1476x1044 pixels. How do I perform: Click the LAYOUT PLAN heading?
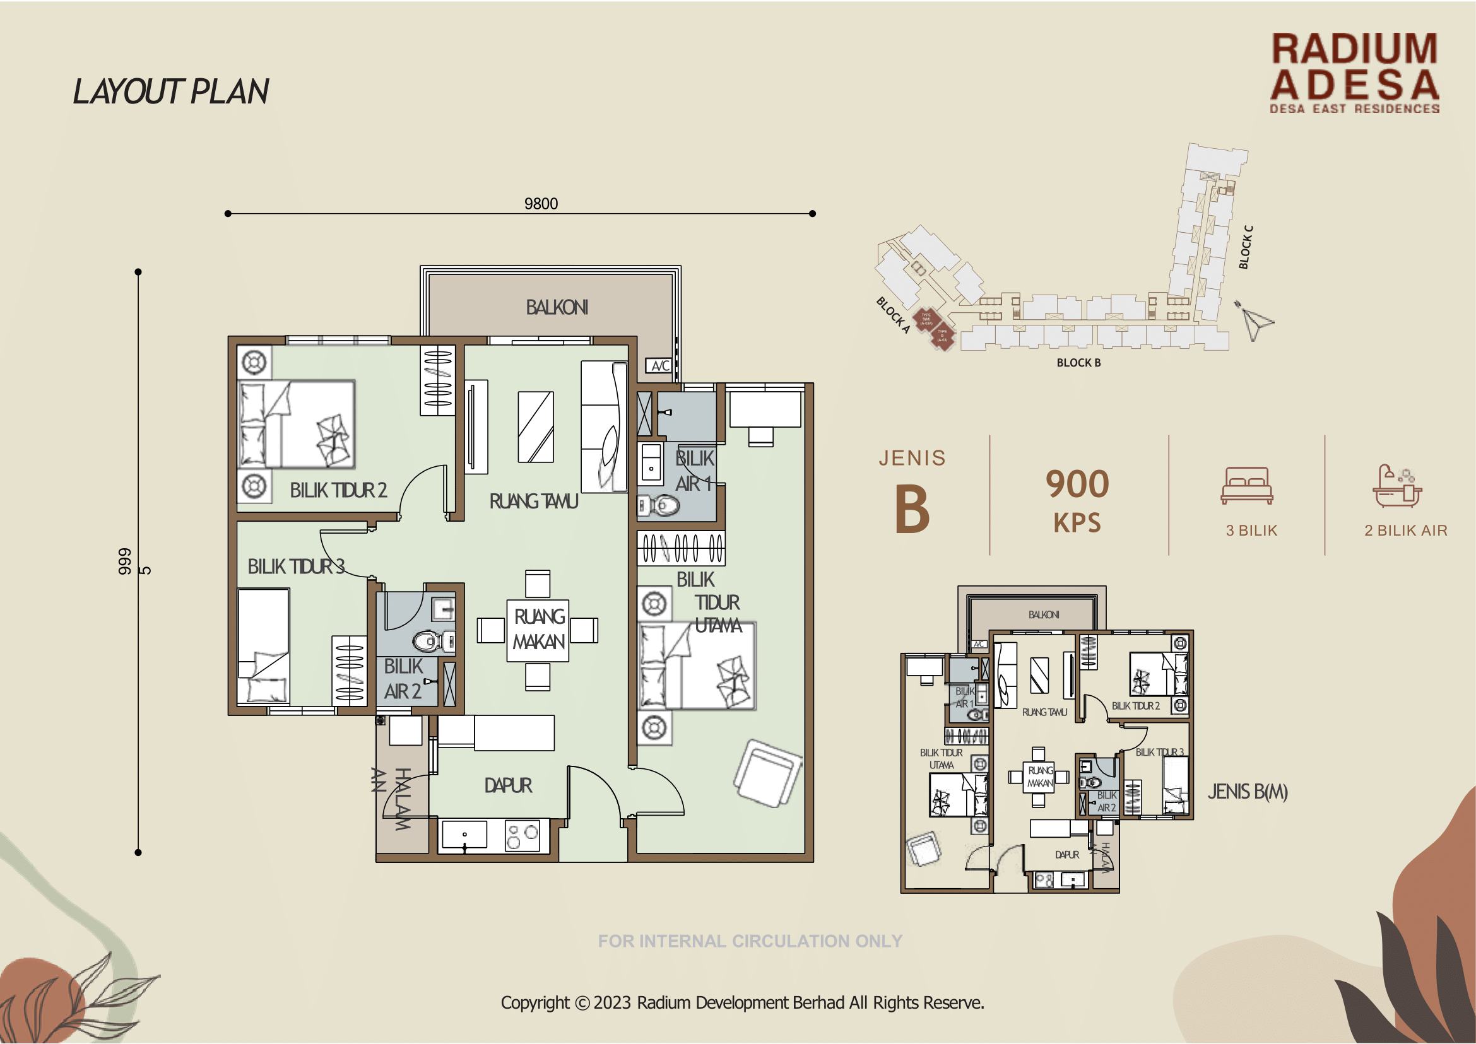(x=170, y=91)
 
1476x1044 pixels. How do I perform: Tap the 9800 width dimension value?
(x=541, y=204)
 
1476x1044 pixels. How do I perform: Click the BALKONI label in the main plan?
(x=557, y=307)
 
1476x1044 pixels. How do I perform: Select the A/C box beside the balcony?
(x=660, y=366)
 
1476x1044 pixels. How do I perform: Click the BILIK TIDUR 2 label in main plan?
(x=338, y=491)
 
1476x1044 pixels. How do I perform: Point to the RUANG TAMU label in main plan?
(x=533, y=501)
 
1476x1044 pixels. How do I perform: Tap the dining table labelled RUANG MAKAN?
(x=538, y=630)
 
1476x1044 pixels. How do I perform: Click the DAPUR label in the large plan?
(x=508, y=785)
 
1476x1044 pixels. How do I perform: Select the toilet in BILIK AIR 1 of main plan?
(x=660, y=505)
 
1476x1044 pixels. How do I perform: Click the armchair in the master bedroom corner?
(x=767, y=773)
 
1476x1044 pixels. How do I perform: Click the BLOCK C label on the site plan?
(x=1246, y=247)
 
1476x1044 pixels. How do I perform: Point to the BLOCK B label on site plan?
(x=1078, y=363)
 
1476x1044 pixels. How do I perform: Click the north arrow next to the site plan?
(x=1254, y=321)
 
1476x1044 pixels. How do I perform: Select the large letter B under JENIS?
(x=912, y=510)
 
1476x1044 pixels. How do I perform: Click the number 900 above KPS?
(x=1077, y=484)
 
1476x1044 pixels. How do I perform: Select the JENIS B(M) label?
(x=1247, y=792)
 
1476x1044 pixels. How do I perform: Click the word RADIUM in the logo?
(x=1354, y=49)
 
